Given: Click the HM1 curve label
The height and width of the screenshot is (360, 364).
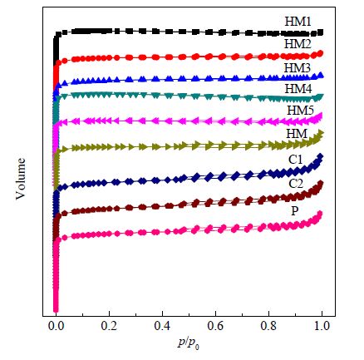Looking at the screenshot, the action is (298, 22).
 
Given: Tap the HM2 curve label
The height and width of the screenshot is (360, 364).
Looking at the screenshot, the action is (298, 44).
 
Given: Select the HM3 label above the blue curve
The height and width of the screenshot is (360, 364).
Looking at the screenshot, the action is (298, 68).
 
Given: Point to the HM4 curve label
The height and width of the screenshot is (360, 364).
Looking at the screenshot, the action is (298, 89).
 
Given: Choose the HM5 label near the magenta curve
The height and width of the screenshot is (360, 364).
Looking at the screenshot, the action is (300, 111).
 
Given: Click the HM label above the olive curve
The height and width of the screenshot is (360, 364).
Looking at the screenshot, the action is (297, 134).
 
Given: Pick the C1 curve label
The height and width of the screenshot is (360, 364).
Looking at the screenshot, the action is (296, 160).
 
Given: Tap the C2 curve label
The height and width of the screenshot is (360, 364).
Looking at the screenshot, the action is (296, 184).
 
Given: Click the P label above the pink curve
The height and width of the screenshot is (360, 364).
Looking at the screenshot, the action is (295, 211).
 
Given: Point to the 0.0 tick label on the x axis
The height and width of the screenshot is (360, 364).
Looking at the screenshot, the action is (57, 326).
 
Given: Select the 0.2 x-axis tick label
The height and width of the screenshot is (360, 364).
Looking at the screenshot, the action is (109, 326).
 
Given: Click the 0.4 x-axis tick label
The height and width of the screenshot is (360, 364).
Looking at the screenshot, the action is (162, 326).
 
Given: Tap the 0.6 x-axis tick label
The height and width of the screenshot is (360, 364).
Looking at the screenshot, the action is (215, 326).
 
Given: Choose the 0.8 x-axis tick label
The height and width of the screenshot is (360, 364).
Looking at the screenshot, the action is (268, 326).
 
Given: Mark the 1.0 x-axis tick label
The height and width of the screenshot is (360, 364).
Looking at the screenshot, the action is (322, 326).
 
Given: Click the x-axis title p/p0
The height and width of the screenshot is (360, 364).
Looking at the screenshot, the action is (189, 343).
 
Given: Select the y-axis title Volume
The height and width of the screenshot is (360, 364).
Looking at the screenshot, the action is (21, 179).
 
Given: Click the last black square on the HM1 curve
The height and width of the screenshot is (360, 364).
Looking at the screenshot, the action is (321, 32).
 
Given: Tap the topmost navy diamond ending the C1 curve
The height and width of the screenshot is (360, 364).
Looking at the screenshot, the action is (321, 156).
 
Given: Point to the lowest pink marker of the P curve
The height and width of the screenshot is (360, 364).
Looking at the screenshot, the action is (56, 309).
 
